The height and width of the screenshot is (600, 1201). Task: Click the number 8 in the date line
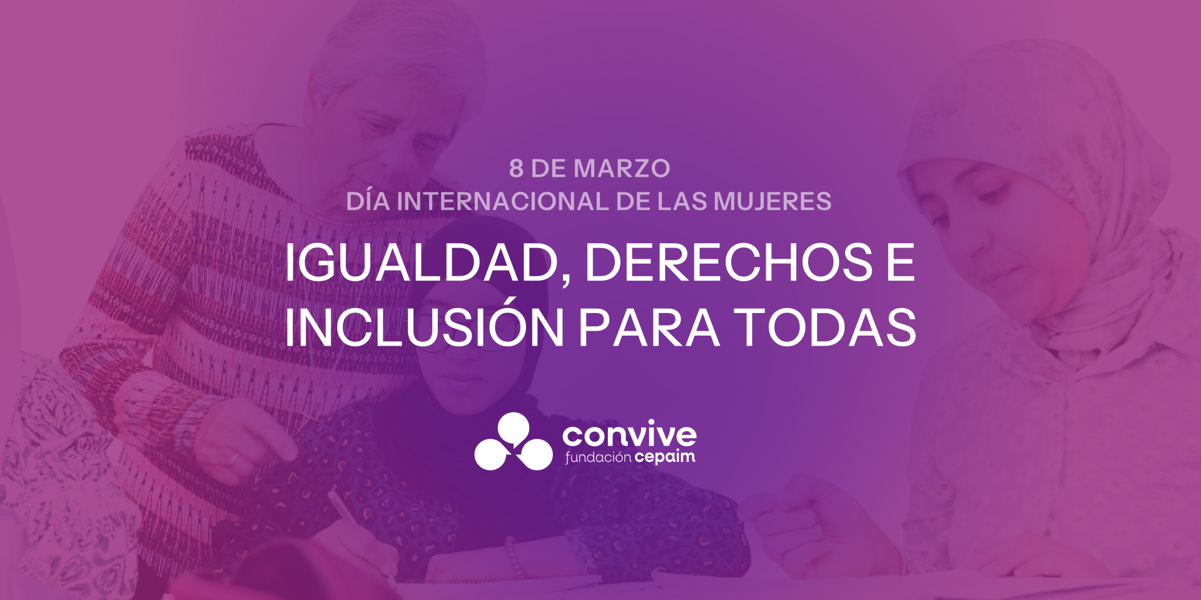click(516, 168)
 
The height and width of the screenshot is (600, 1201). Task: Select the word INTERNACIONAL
click(502, 201)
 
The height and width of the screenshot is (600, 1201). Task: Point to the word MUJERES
click(773, 201)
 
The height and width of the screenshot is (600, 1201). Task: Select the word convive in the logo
click(629, 433)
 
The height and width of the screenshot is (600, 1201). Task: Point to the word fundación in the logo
click(599, 457)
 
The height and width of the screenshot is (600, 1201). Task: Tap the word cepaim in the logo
click(665, 457)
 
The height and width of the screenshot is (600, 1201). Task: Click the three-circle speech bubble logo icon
click(513, 441)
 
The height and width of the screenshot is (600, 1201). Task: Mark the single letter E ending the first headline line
click(901, 262)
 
